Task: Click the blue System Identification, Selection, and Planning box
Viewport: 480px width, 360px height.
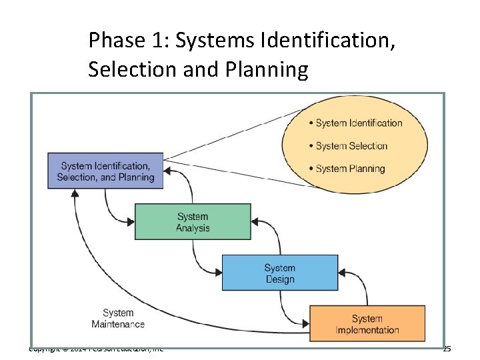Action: tap(105, 171)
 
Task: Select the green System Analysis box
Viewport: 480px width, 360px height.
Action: tap(193, 222)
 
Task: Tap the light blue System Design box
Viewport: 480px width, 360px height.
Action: tap(279, 273)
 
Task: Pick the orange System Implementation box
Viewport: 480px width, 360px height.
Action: tap(367, 324)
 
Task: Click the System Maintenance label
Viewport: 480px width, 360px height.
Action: tap(118, 319)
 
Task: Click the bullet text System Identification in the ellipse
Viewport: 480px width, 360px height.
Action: tap(359, 123)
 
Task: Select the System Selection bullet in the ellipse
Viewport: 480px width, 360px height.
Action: tap(351, 146)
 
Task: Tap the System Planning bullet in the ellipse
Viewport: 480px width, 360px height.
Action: tap(350, 169)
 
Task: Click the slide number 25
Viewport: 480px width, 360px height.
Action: tap(447, 349)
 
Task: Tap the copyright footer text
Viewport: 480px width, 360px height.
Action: tap(96, 348)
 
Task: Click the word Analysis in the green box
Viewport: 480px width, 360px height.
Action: tap(193, 228)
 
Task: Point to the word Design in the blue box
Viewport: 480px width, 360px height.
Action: tap(279, 279)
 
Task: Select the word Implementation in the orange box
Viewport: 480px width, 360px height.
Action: tap(367, 330)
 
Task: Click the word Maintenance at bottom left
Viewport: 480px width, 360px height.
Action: tap(118, 325)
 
